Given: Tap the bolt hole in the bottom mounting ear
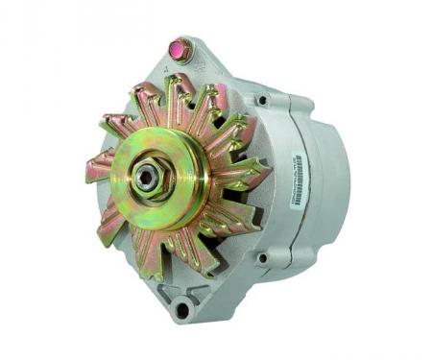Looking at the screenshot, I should click(x=182, y=309).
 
